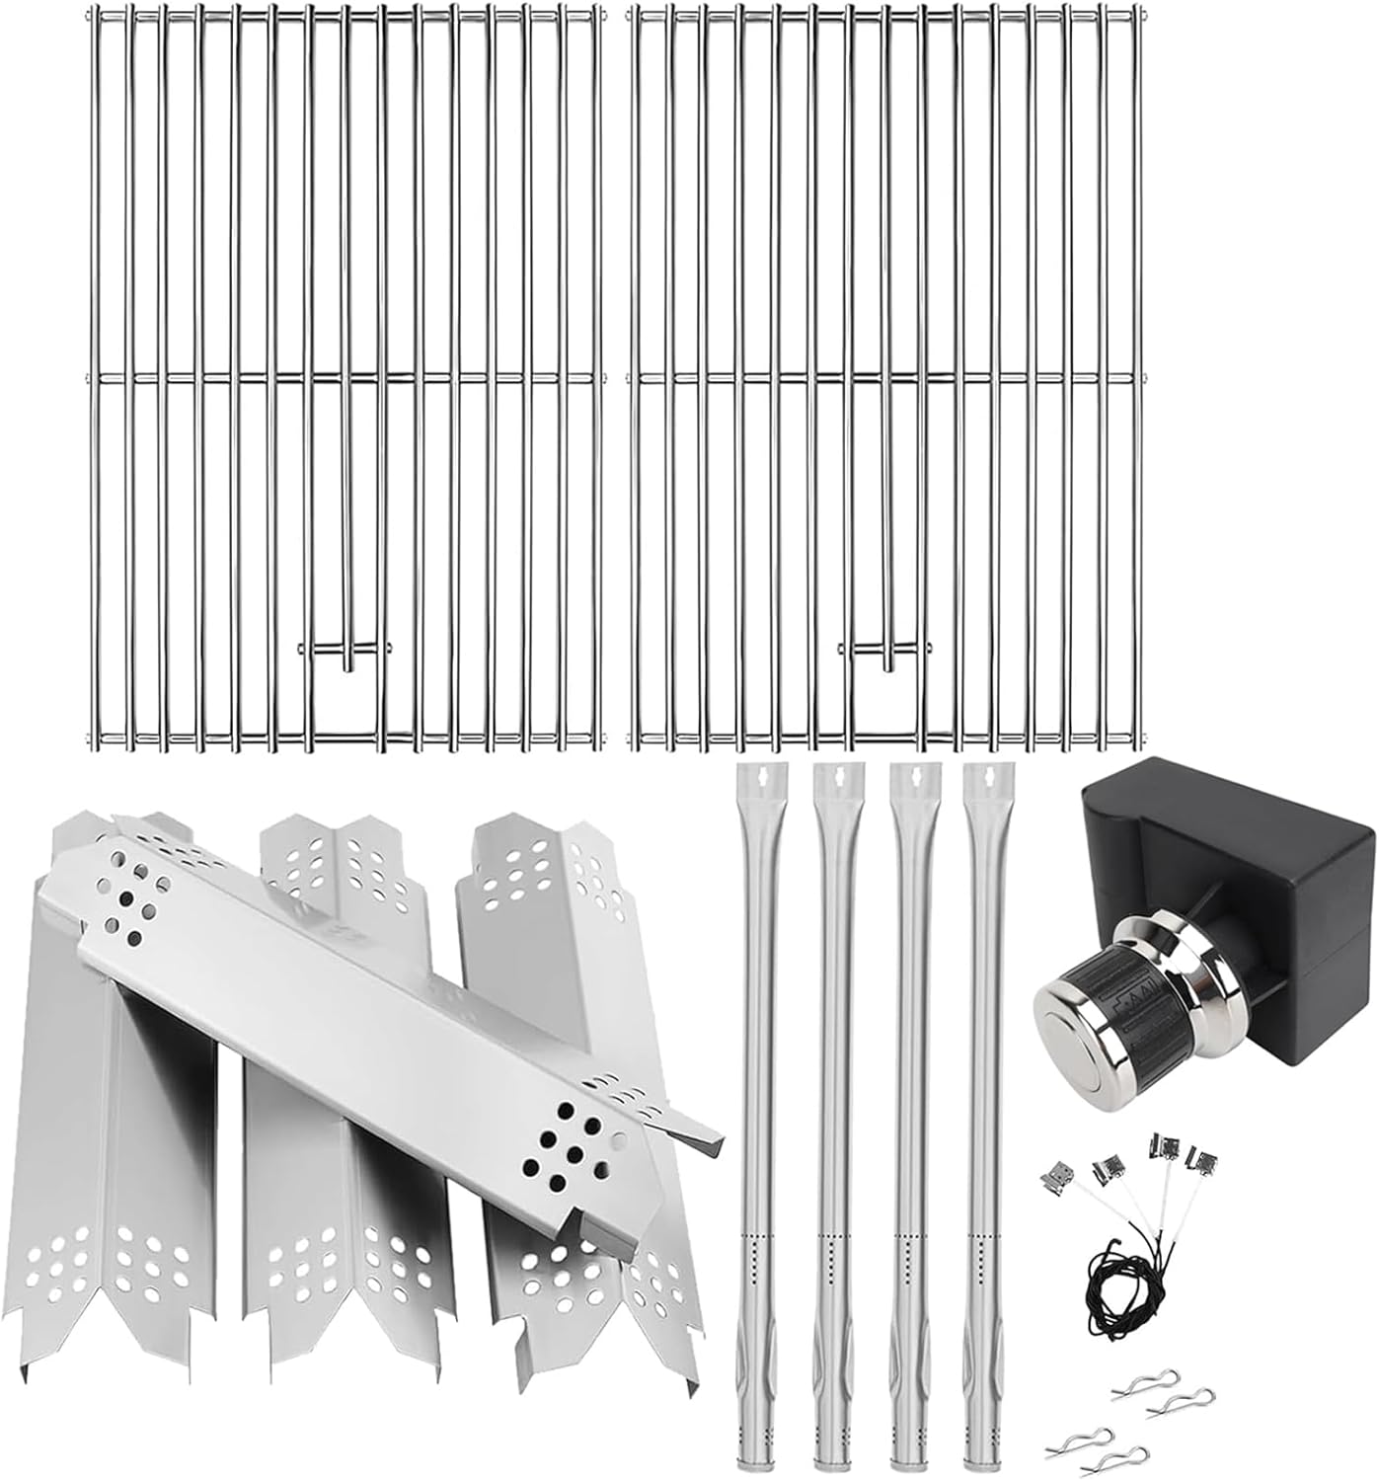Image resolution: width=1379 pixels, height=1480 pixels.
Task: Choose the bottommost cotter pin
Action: (x=1125, y=1454)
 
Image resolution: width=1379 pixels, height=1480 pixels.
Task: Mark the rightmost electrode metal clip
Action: (x=1203, y=1157)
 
